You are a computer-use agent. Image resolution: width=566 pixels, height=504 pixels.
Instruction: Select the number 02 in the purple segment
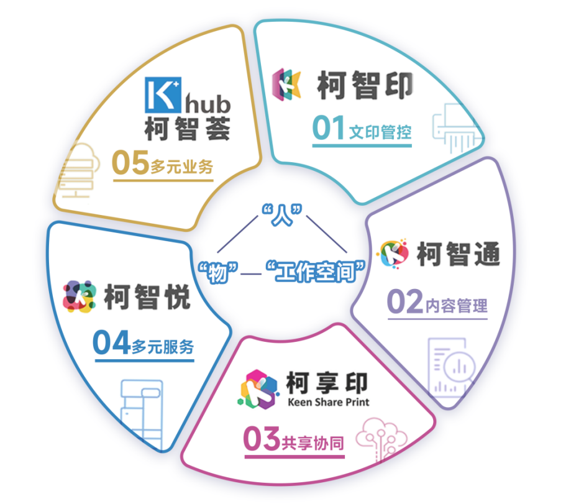(404, 303)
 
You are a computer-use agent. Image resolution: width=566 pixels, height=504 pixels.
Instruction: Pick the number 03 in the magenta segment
(262, 440)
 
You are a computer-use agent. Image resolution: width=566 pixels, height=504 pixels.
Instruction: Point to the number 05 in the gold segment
(130, 163)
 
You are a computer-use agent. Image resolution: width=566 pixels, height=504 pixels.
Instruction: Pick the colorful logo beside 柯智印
(286, 85)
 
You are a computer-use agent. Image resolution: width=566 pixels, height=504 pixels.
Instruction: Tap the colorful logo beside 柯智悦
(80, 296)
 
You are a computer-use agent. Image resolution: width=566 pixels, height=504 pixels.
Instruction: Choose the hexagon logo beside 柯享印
(257, 388)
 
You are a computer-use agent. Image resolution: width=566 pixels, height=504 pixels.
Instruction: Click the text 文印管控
(380, 132)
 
